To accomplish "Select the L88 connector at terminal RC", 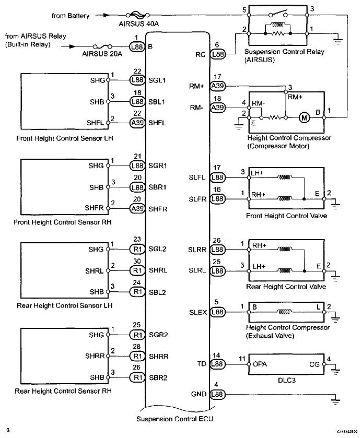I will tap(217, 53).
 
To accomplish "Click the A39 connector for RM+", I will tap(217, 85).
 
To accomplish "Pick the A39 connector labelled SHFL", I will tap(137, 123).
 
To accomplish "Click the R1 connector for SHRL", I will tap(137, 270).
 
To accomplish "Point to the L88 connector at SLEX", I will tap(217, 312).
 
